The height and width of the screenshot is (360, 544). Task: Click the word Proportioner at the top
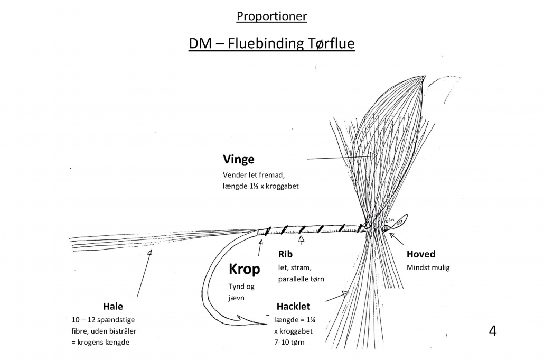[x=271, y=16]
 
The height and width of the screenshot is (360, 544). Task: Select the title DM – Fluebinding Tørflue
[x=271, y=43]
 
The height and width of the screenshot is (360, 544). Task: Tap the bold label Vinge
[x=238, y=160]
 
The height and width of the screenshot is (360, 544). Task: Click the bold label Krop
[x=244, y=270]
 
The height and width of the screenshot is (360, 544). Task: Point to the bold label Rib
[x=285, y=254]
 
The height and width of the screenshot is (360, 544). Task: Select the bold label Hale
[x=113, y=306]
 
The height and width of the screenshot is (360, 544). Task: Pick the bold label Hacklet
[x=293, y=306]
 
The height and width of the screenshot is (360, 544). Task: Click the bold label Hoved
[x=421, y=254]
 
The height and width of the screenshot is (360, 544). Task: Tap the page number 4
[x=492, y=331]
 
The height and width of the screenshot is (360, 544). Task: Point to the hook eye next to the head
[x=401, y=220]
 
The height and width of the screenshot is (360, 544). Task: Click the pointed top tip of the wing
[x=424, y=77]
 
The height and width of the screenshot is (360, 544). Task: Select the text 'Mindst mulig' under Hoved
[x=428, y=267]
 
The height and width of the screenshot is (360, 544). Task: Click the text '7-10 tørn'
[x=289, y=342]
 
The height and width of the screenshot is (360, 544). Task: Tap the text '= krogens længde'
[x=100, y=342]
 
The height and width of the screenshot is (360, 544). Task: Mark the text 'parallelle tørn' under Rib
[x=301, y=279]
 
